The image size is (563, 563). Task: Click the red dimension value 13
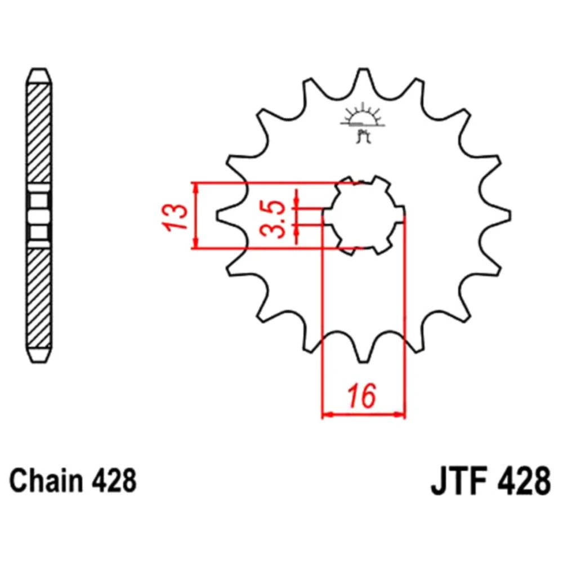coord(175,217)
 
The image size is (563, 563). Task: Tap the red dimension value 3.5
coord(273,218)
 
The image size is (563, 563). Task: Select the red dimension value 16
coord(361,396)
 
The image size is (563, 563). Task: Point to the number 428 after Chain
coord(114,481)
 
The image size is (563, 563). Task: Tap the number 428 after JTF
coord(524,481)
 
